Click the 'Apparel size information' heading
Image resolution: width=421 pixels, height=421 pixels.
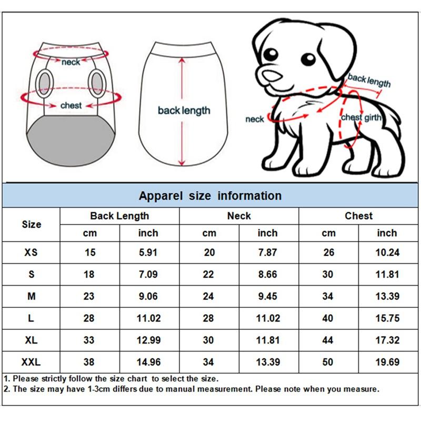(210, 196)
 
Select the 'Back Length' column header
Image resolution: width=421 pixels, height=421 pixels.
(119, 216)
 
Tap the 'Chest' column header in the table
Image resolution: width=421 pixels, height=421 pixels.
(358, 216)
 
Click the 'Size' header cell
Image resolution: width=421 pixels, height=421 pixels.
(31, 224)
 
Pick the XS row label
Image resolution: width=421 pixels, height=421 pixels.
(31, 253)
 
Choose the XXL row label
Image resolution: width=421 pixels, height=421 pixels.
(31, 362)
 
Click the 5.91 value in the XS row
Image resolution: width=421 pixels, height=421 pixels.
(148, 253)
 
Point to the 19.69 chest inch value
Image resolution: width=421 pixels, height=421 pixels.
(387, 362)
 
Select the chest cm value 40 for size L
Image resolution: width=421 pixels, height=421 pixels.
(328, 318)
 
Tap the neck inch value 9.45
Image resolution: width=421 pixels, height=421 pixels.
(267, 296)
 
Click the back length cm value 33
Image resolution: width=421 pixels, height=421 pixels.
(89, 340)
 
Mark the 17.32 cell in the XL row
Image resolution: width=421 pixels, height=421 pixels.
(387, 340)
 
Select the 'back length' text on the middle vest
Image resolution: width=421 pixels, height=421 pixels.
(184, 111)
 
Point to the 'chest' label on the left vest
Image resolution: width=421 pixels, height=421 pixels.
(71, 106)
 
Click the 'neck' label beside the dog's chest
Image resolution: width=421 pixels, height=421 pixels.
(255, 119)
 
